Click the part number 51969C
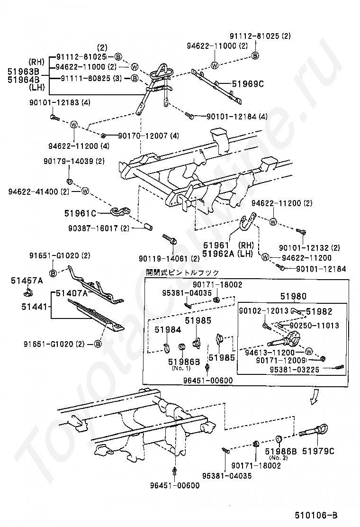[247, 84]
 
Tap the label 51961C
[81, 213]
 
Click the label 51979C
[318, 451]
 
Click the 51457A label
[27, 281]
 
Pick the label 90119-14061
[162, 259]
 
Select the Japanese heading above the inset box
[182, 273]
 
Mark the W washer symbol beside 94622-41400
[85, 191]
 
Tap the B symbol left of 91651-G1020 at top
[53, 274]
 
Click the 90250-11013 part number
[314, 326]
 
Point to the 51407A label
[72, 293]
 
